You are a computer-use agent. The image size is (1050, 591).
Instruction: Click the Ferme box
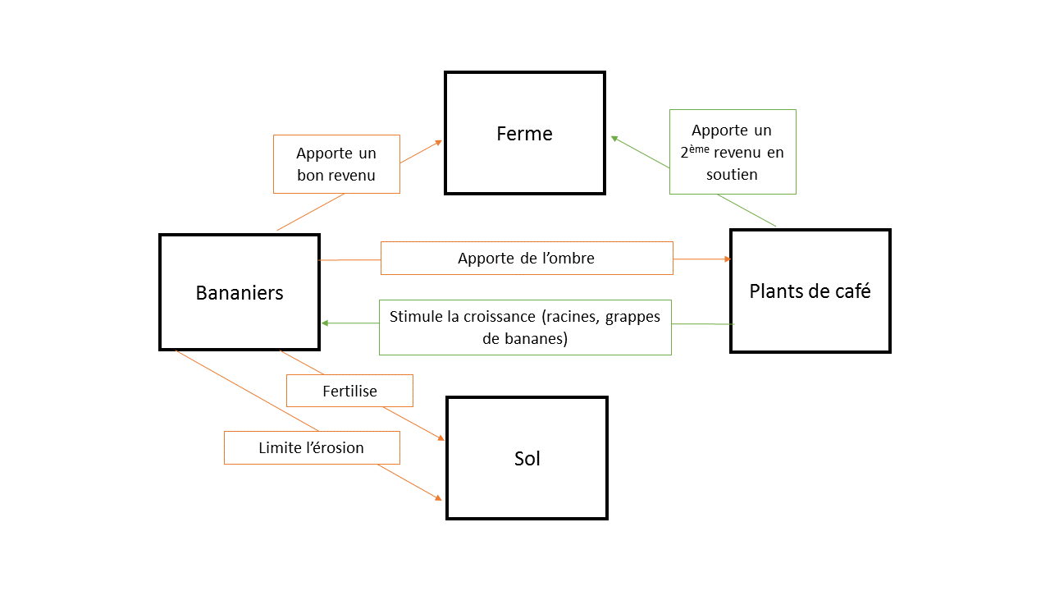[x=525, y=133]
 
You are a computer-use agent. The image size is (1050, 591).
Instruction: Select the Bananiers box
[x=240, y=292]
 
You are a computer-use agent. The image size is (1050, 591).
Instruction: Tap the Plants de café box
[x=810, y=291]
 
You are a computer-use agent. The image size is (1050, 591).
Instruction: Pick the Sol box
[x=527, y=458]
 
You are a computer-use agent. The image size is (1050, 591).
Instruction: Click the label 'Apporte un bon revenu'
[x=336, y=164]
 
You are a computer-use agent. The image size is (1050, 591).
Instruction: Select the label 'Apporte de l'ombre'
[x=527, y=258]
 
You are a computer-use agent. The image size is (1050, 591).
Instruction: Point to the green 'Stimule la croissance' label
[x=525, y=327]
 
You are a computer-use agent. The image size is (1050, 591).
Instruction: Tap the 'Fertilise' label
[x=349, y=391]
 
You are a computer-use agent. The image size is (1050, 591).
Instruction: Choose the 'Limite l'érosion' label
[x=312, y=447]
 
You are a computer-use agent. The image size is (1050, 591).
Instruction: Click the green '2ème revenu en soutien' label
[x=733, y=152]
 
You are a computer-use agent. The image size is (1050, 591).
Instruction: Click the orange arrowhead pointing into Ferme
[x=439, y=142]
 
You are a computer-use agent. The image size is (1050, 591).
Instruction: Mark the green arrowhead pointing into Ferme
[x=614, y=139]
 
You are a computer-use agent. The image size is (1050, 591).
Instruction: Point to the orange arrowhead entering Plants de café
[x=727, y=259]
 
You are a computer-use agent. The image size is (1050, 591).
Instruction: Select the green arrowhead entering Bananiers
[x=325, y=323]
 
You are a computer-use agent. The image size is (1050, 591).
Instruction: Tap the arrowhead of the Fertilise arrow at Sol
[x=441, y=438]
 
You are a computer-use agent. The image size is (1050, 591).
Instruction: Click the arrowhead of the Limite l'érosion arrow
[x=439, y=497]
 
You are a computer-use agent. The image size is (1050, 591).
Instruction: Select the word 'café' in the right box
[x=851, y=291]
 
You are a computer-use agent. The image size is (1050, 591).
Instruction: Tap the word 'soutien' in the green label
[x=732, y=174]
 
